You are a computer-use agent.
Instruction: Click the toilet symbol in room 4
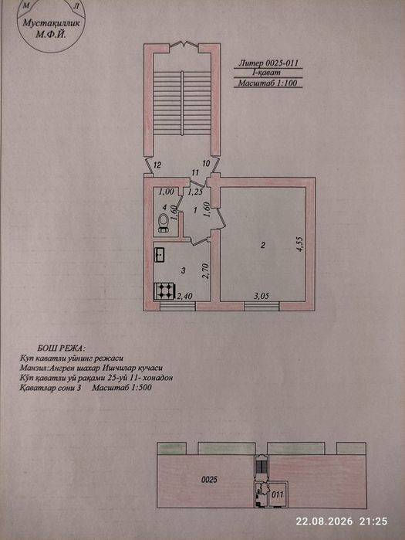163,222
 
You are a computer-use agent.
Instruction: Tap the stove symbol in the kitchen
165,291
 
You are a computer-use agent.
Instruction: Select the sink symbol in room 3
160,254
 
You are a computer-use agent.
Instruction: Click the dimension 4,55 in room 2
301,243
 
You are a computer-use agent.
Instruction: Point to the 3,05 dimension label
262,295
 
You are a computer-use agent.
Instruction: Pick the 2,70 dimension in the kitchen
207,271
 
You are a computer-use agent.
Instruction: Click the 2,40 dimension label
184,295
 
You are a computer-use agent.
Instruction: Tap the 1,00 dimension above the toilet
167,192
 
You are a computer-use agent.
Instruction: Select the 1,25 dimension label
195,192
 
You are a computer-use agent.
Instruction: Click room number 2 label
262,246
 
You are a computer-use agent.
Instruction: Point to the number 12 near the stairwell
157,165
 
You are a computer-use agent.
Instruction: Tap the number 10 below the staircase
206,164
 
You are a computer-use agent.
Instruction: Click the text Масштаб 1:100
268,83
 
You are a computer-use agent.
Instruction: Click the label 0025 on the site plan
209,479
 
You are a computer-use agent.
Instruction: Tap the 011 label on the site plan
277,494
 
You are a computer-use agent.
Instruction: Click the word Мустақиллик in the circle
51,23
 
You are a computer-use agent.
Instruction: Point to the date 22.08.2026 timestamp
324,521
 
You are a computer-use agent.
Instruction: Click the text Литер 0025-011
268,63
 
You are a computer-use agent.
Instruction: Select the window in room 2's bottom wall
262,306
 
